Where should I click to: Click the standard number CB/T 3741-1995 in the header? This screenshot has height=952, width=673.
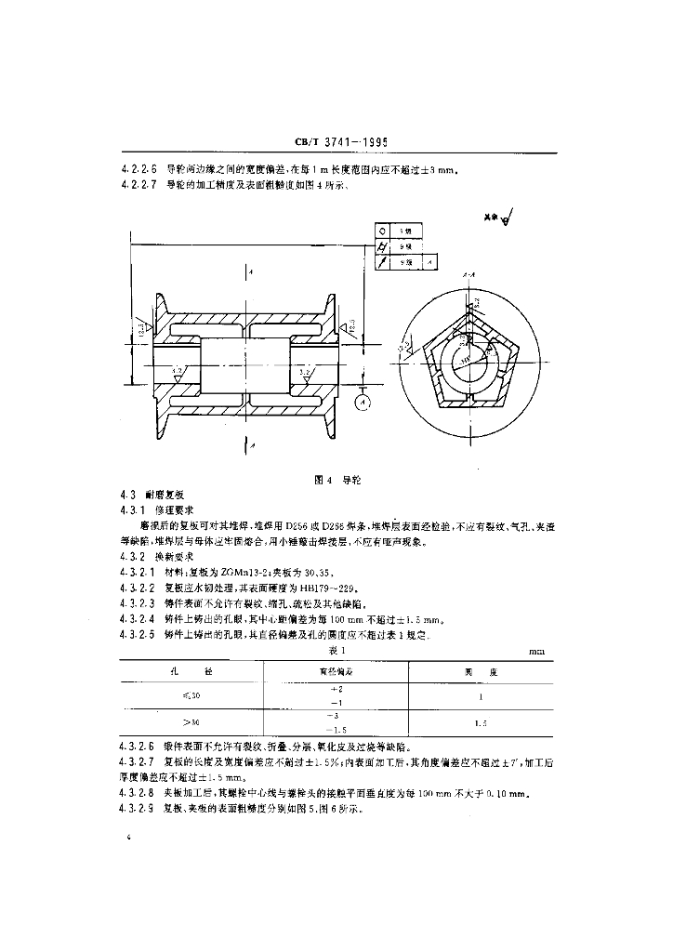click(x=339, y=142)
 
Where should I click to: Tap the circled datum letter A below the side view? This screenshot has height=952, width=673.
click(x=363, y=402)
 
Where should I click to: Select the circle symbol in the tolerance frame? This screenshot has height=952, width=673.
click(x=382, y=230)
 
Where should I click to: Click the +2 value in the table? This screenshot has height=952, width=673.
click(x=336, y=689)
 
